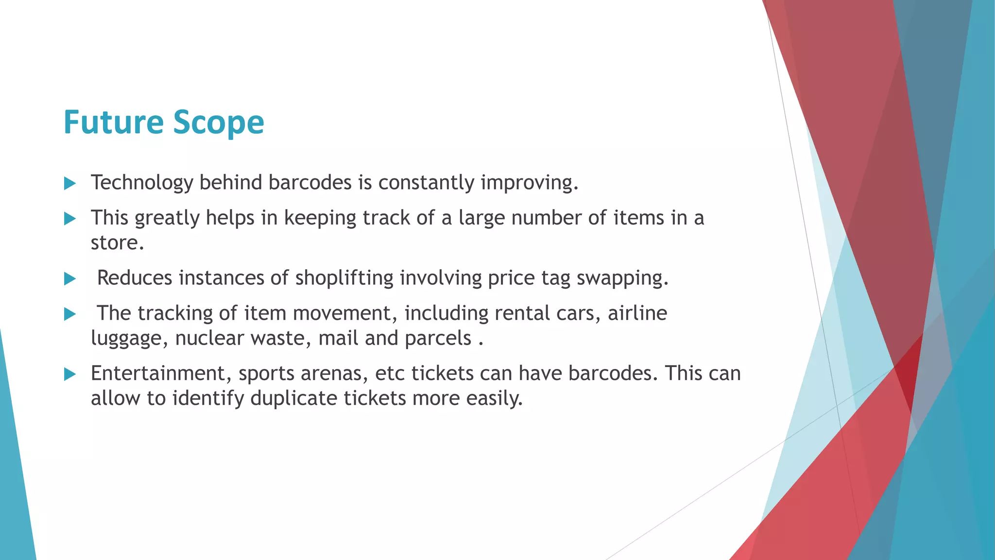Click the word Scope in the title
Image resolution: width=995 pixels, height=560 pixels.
pos(219,122)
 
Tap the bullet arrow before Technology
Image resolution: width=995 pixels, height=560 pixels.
pos(70,183)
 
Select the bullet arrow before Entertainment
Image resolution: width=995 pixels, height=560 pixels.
pos(70,374)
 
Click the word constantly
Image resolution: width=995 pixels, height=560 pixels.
pos(426,183)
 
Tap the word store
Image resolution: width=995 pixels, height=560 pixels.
pos(117,243)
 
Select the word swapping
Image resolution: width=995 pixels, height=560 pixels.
pos(622,278)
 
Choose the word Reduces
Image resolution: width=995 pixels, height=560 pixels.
pos(135,278)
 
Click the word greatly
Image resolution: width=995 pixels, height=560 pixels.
pos(167,218)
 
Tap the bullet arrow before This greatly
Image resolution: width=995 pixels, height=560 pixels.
pos(70,218)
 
